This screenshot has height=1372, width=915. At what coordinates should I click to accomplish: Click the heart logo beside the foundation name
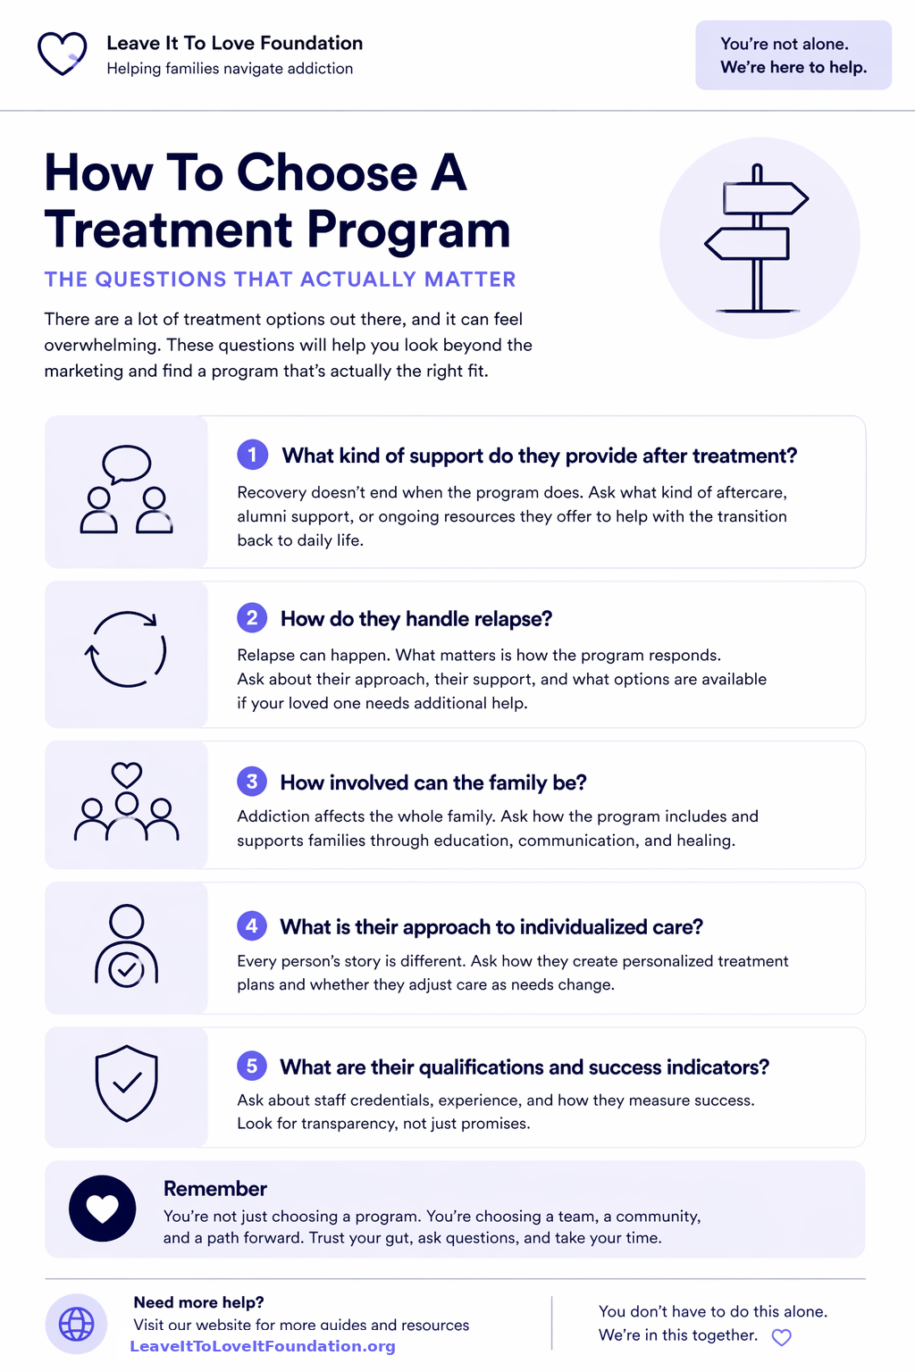(62, 54)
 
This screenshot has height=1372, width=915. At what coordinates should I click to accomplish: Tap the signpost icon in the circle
(757, 238)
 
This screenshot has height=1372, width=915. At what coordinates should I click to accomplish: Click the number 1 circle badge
(253, 455)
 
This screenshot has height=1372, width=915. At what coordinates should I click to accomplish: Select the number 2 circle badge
(252, 617)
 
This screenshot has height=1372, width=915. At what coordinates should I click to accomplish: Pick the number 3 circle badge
(252, 782)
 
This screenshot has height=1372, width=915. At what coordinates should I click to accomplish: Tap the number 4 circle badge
(252, 925)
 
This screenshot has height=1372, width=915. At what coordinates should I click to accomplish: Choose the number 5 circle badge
(252, 1066)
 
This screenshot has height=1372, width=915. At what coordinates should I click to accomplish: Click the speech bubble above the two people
(126, 464)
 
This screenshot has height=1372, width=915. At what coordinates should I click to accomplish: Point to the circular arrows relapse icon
(126, 649)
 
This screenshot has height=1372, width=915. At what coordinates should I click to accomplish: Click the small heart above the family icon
(126, 774)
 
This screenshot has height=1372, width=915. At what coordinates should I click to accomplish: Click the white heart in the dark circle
(103, 1209)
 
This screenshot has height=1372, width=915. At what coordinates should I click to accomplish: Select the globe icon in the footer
(76, 1324)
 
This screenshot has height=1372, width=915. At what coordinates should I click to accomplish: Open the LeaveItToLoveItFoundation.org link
(263, 1346)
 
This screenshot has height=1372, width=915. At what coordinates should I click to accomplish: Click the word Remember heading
(215, 1188)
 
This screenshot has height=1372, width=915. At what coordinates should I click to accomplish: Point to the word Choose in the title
(327, 172)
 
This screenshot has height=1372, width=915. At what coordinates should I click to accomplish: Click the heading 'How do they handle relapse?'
(416, 619)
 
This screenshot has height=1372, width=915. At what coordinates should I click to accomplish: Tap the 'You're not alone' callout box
(793, 55)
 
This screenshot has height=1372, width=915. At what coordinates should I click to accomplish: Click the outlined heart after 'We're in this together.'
(781, 1337)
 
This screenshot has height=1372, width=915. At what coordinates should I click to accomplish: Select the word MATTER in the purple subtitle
(470, 280)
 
